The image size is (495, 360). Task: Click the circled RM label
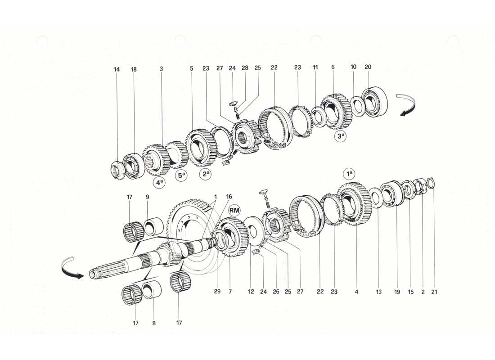click(x=234, y=210)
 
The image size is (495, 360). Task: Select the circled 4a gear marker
click(x=158, y=183)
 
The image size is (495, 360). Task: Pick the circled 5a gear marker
click(x=181, y=176)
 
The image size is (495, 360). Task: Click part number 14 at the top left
click(x=117, y=69)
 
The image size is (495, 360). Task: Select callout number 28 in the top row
click(x=245, y=68)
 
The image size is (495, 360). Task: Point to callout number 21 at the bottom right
click(x=434, y=292)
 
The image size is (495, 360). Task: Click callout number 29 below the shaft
click(x=217, y=292)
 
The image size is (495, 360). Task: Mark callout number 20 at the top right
click(x=368, y=67)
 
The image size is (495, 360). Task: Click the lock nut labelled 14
click(x=117, y=170)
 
